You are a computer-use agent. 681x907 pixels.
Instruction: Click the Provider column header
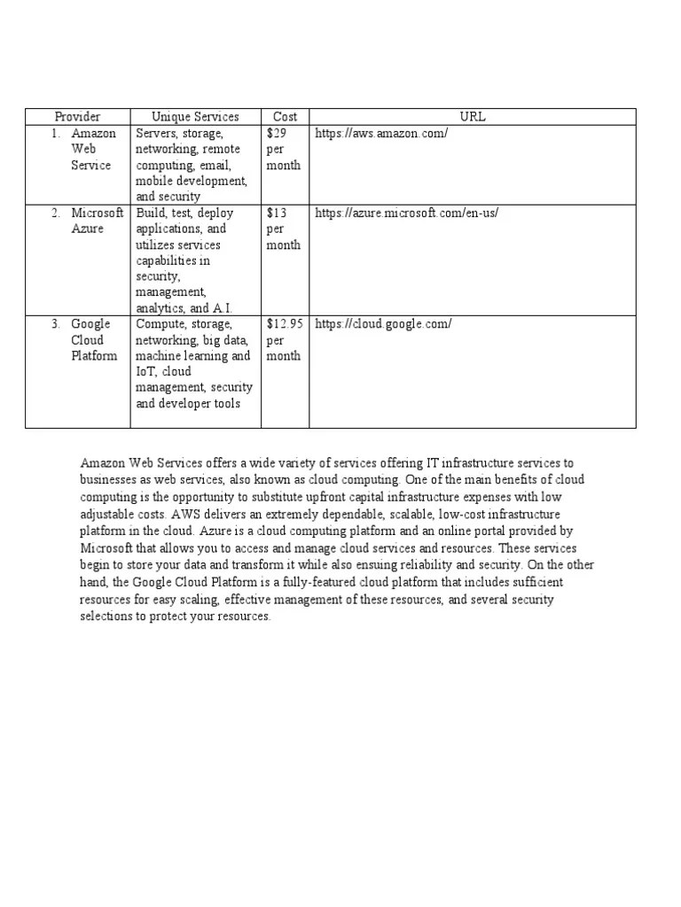click(x=77, y=117)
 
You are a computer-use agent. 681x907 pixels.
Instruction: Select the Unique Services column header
click(x=195, y=117)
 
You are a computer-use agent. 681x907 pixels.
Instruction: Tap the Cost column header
click(x=285, y=117)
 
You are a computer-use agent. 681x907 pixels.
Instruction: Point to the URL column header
click(x=473, y=117)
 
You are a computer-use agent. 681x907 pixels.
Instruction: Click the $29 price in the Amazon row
click(x=277, y=134)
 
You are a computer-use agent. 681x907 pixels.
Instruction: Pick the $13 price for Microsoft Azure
click(x=277, y=213)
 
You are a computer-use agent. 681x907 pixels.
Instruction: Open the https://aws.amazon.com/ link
click(x=381, y=134)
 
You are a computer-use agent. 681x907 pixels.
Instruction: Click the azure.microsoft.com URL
click(x=413, y=213)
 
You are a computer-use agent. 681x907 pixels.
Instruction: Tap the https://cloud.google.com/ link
click(x=383, y=324)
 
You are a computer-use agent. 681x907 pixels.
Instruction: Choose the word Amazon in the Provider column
click(x=93, y=134)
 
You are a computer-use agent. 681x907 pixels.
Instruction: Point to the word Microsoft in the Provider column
click(x=98, y=213)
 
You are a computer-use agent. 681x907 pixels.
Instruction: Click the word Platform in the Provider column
click(x=94, y=356)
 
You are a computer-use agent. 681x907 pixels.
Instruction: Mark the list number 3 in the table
click(x=55, y=324)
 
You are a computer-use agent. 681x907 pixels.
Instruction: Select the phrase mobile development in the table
click(x=191, y=182)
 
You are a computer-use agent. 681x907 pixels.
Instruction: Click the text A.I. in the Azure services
click(x=223, y=309)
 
